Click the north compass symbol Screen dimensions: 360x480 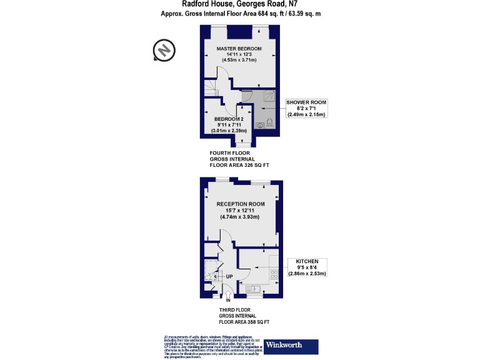(x=164, y=50)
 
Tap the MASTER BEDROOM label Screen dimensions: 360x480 (x=239, y=48)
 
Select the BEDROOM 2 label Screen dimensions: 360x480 (x=228, y=119)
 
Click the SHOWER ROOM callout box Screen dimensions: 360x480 (x=307, y=108)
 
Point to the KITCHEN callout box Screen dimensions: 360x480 (x=307, y=267)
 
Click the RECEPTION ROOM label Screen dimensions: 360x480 (x=241, y=204)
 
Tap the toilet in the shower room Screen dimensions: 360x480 (x=270, y=122)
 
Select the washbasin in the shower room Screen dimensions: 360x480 (x=259, y=124)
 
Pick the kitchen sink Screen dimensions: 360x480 (x=254, y=288)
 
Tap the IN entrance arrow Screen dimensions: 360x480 (x=228, y=301)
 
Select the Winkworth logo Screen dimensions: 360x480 (x=291, y=346)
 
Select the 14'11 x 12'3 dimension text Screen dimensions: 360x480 (x=239, y=54)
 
